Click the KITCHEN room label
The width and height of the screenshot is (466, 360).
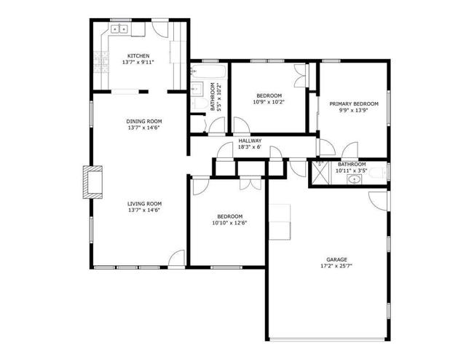(138, 56)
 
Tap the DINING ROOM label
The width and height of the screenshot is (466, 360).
(144, 121)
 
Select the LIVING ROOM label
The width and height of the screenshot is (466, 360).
(144, 203)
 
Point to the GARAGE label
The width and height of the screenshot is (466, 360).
(336, 259)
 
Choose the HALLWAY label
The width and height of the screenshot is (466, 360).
(250, 141)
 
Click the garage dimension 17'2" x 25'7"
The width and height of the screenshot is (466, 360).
(336, 266)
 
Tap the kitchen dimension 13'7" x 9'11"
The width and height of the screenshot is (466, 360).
(138, 63)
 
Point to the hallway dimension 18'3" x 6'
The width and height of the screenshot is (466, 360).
(250, 147)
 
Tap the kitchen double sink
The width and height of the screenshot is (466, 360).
(119, 29)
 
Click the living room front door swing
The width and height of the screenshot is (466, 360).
(176, 258)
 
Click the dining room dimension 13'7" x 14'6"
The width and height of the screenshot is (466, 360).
(144, 128)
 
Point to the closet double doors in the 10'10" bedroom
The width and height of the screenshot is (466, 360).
(248, 183)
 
